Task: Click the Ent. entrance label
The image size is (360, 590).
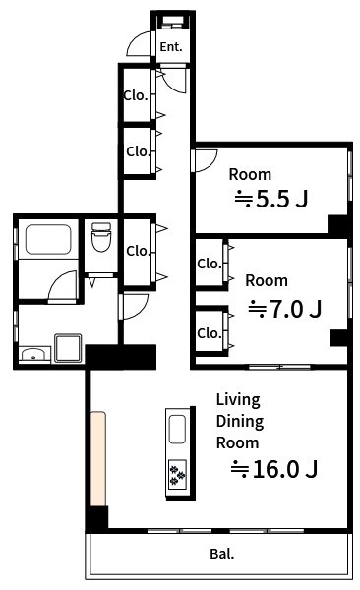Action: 171,46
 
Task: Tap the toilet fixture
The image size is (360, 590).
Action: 101,237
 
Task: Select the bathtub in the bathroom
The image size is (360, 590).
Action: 48,239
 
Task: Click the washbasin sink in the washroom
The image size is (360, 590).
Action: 34,354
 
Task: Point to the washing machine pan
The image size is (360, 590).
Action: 68,348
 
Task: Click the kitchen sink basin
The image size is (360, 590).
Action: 177,430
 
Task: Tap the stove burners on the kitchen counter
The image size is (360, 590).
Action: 177,474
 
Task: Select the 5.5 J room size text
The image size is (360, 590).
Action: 271,199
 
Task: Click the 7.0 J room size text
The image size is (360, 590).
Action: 284,309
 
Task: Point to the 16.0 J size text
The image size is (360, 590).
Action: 274,469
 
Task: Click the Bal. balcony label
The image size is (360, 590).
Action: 221,554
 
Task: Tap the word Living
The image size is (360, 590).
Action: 238,400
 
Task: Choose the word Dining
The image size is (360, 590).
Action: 240,422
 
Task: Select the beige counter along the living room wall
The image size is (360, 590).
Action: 98,458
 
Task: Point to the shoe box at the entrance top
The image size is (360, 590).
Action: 172,23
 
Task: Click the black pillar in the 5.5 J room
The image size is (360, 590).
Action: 337,225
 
